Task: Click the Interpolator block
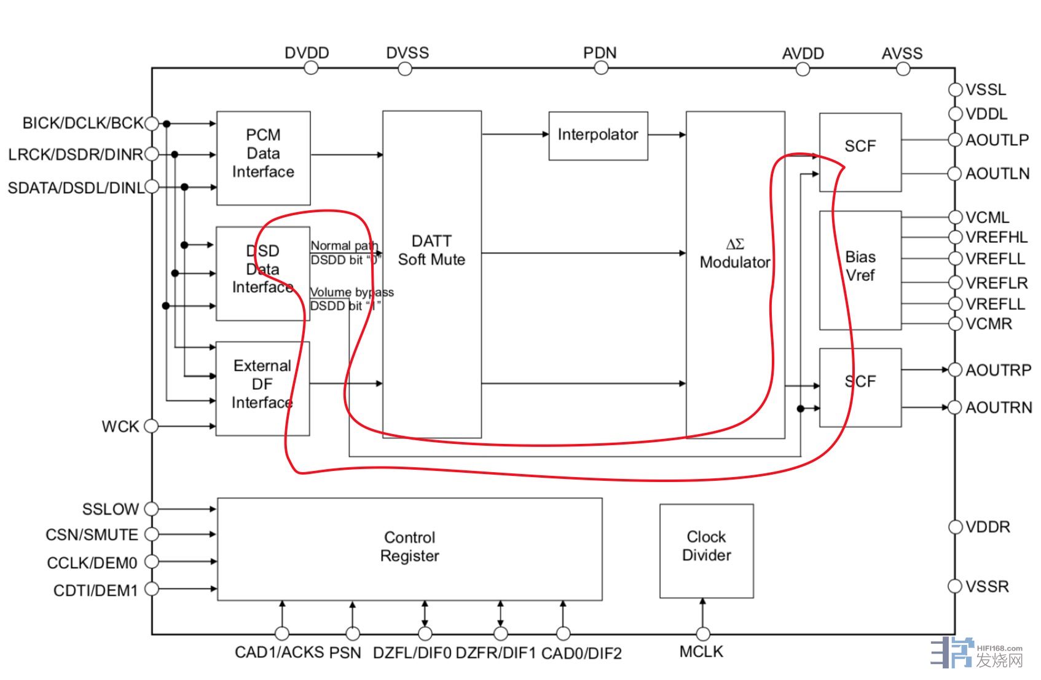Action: [597, 136]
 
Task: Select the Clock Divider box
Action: [706, 550]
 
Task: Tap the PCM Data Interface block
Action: [263, 157]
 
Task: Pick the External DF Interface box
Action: [262, 388]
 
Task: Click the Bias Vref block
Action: [860, 270]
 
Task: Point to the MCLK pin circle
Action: [703, 633]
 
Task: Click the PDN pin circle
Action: [601, 68]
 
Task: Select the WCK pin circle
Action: [151, 425]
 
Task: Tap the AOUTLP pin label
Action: [997, 140]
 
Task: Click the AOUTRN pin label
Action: [999, 408]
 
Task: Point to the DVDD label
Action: [307, 53]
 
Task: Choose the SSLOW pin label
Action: [111, 509]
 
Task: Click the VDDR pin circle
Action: [955, 527]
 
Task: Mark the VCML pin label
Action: [988, 217]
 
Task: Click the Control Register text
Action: [409, 547]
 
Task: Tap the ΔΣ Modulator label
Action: [735, 254]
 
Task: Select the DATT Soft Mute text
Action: [431, 250]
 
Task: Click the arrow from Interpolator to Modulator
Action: [667, 135]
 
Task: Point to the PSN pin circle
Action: [353, 633]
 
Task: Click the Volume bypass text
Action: [352, 292]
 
